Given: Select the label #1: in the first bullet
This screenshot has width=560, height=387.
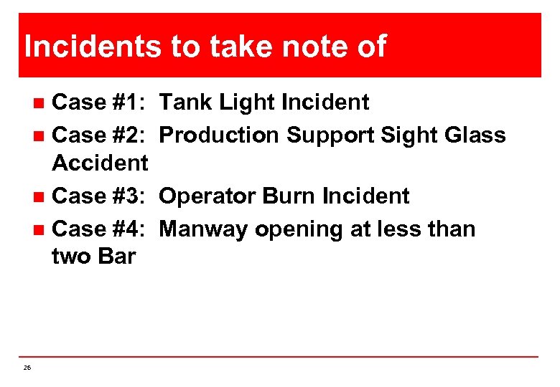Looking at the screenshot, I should (130, 103).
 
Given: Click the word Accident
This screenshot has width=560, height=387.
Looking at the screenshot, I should (100, 163).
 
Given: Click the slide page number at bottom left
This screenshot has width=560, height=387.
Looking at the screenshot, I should (27, 368).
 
